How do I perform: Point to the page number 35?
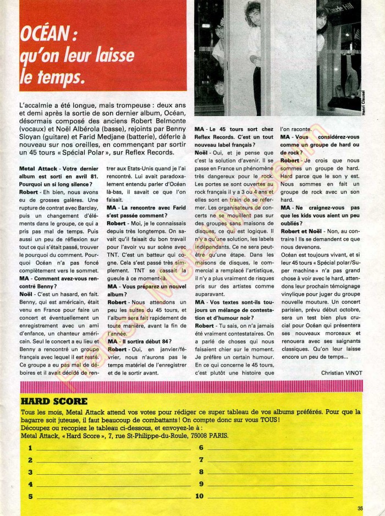tap(360, 508)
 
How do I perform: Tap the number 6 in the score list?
tap(201, 447)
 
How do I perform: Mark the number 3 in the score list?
tap(30, 472)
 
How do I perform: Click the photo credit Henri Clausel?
tap(378, 98)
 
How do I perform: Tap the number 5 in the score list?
tap(30, 496)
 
